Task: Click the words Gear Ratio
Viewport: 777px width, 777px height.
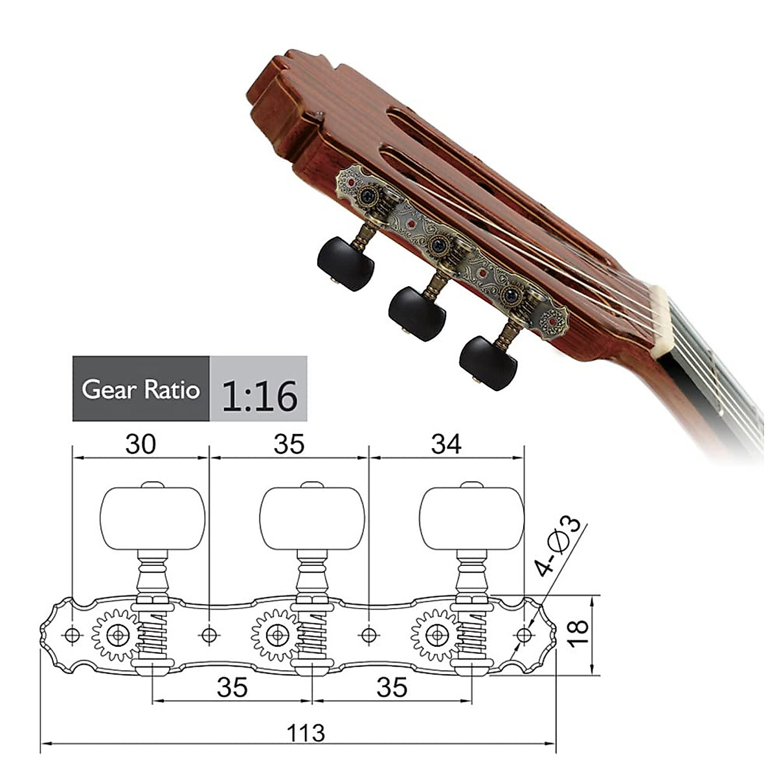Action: coord(141,390)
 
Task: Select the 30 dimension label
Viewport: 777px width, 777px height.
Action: coord(140,444)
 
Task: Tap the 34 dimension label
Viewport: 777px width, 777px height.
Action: coord(446,444)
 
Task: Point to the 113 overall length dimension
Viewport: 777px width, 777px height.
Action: coord(306,732)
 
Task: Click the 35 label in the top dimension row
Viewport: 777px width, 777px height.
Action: coord(289,444)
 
